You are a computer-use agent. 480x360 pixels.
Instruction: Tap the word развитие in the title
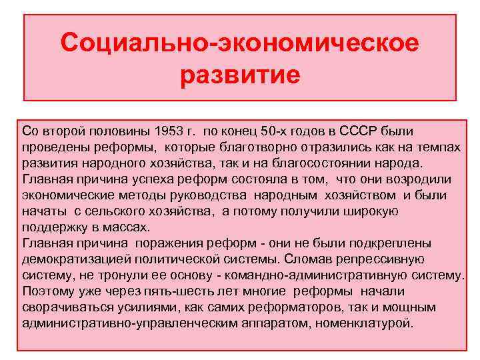point(240,73)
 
